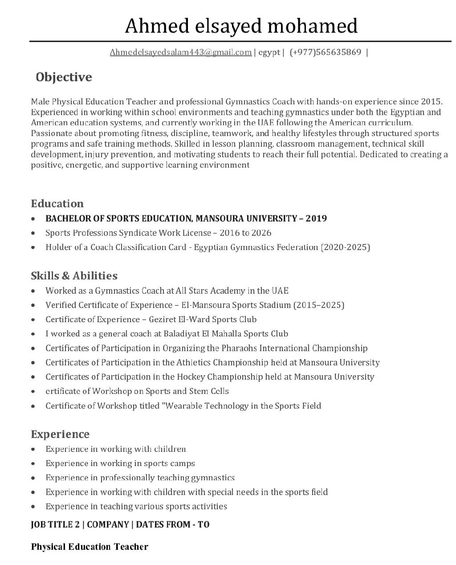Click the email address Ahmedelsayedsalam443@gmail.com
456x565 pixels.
180,53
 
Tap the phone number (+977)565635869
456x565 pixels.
325,53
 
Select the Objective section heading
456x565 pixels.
64,77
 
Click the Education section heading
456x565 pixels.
57,204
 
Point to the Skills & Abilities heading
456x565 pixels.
74,276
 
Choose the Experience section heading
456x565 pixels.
60,434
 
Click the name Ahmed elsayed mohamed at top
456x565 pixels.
241,26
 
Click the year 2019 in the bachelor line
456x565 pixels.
316,218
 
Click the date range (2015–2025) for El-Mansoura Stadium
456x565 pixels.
318,305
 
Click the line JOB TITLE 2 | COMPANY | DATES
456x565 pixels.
120,524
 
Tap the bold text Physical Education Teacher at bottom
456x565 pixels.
90,547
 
